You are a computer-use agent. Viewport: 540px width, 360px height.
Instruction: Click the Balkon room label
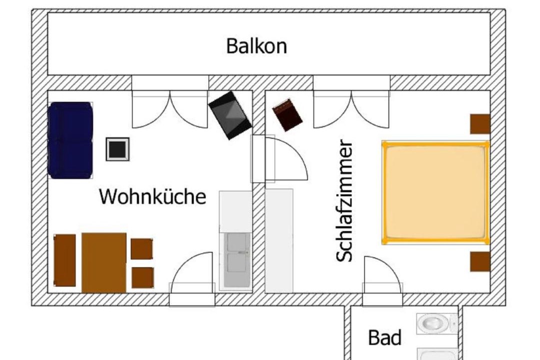click(256, 46)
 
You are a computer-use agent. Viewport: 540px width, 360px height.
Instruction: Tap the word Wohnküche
click(152, 196)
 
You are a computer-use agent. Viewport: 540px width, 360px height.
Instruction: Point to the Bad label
click(384, 338)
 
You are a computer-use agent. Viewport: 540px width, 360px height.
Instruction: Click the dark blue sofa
click(70, 140)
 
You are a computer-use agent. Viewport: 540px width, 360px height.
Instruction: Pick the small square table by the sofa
click(117, 148)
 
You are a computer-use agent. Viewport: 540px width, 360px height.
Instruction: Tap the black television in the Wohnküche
click(230, 115)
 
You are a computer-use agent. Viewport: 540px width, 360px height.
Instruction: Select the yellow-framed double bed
click(435, 192)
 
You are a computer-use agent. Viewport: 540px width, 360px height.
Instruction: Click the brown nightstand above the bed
click(480, 124)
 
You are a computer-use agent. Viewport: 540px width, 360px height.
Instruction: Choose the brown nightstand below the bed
click(480, 261)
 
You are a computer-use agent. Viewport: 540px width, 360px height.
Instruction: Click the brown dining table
click(104, 262)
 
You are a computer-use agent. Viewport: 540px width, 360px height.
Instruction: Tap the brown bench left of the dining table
click(64, 260)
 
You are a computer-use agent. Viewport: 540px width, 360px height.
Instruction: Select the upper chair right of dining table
click(141, 249)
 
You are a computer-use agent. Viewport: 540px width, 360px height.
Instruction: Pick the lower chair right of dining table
click(142, 277)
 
